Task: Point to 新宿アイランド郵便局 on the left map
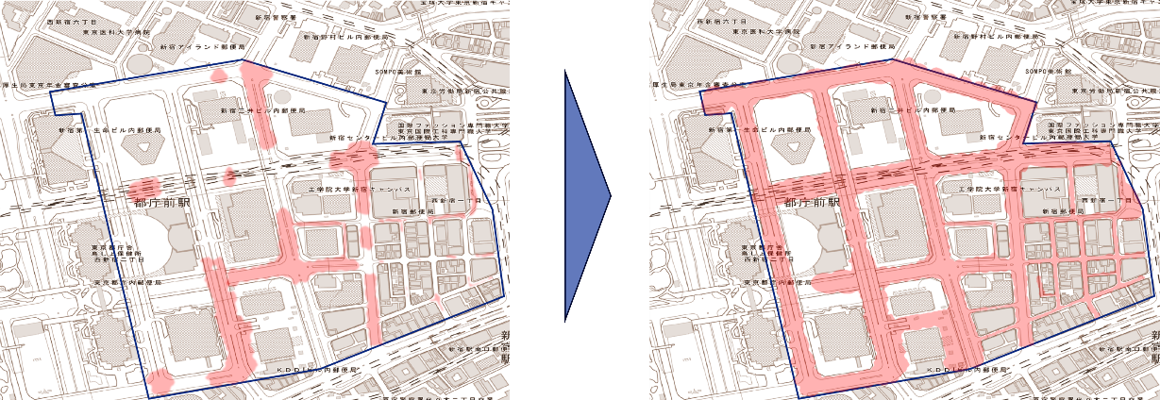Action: pos(203,45)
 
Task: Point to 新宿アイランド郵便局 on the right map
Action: pos(853,45)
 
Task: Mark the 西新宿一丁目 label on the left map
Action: pos(456,200)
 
